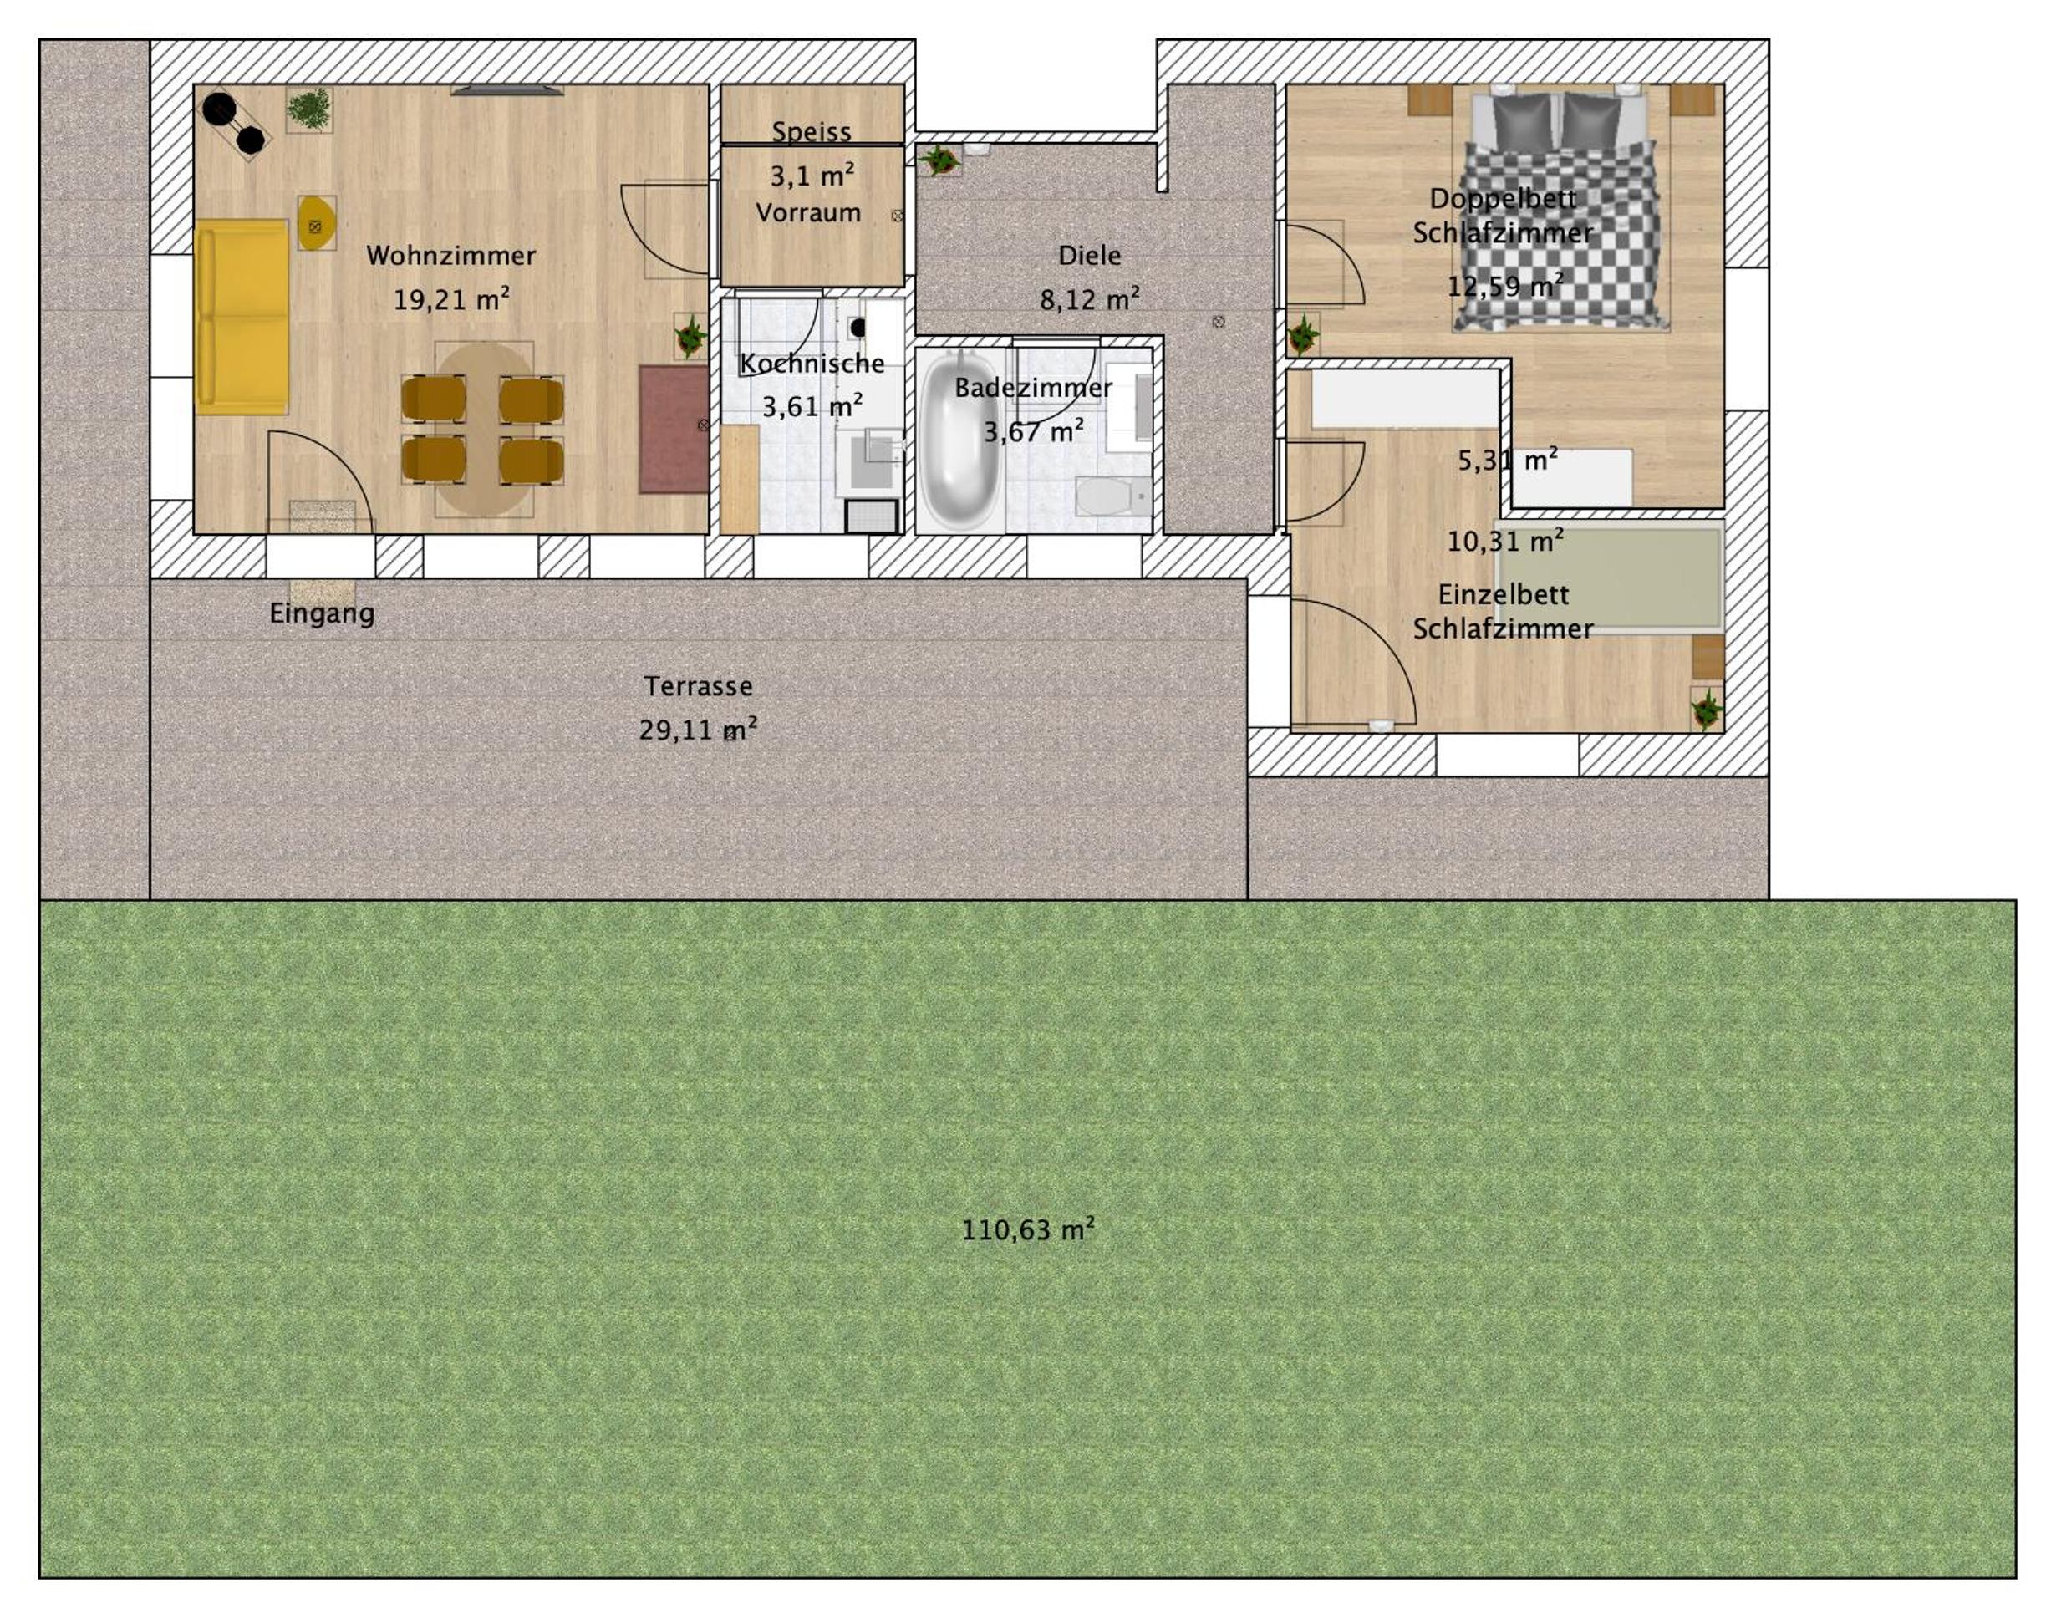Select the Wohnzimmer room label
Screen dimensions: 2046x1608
451,255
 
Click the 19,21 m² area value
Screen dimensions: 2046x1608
451,299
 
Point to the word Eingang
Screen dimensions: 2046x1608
322,613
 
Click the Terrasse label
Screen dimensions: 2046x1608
698,686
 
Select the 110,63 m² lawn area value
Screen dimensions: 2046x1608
1028,1229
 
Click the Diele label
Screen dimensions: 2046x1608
1089,255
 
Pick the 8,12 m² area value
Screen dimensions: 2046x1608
1089,299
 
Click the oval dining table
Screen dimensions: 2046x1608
484,430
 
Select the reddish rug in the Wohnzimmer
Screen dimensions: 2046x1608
673,430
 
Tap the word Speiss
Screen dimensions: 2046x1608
812,132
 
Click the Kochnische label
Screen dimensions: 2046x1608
812,364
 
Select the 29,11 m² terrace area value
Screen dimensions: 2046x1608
698,730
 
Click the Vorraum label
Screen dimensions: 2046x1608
808,213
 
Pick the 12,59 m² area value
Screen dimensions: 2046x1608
1505,284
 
